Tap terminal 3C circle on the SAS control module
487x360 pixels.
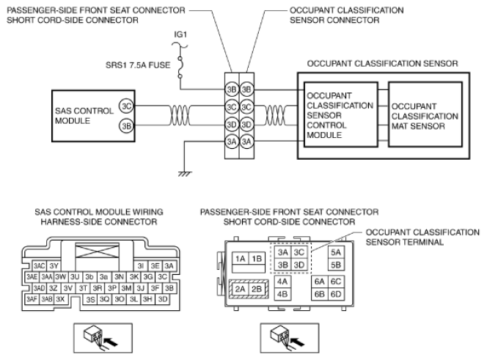coord(126,106)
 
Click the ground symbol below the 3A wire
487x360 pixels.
coord(185,174)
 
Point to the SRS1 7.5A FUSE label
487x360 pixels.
coord(138,65)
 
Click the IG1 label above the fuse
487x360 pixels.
coord(180,34)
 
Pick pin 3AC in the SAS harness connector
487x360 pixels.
coord(40,266)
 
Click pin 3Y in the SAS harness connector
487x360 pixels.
coord(54,266)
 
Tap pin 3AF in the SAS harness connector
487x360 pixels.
coord(32,299)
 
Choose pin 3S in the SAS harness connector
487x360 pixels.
coord(90,299)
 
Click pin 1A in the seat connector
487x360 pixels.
coord(241,258)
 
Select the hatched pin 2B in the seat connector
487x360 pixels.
coord(257,289)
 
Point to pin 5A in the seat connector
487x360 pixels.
coord(336,252)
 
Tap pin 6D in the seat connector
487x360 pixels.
coord(336,294)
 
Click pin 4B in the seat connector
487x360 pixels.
coord(282,294)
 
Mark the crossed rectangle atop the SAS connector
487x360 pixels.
coord(97,251)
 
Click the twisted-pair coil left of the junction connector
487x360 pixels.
coord(180,115)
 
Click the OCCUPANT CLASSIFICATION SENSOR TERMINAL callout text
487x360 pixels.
coord(422,238)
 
